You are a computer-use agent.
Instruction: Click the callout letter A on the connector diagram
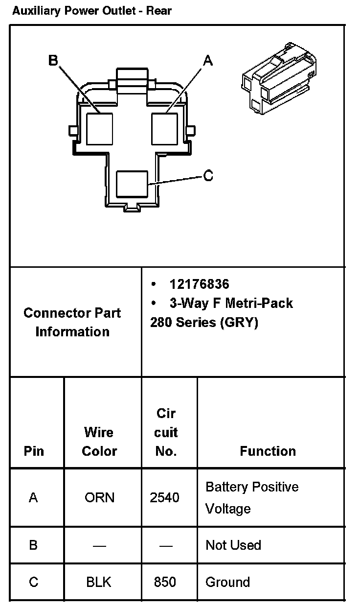[x=208, y=61]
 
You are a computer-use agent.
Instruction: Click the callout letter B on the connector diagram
[x=53, y=60]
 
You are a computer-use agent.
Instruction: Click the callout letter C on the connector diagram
[x=208, y=176]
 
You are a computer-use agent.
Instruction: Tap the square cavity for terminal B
[x=99, y=129]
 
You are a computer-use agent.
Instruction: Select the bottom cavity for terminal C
[x=132, y=185]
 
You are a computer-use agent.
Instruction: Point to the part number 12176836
[x=199, y=284]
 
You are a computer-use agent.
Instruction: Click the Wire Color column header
[x=99, y=442]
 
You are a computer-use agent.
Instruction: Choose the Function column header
[x=268, y=451]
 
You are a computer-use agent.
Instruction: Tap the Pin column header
[x=34, y=451]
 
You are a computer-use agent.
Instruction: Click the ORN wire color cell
[x=99, y=498]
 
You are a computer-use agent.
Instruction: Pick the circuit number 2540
[x=164, y=498]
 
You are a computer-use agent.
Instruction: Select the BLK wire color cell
[x=99, y=582]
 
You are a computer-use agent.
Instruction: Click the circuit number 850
[x=165, y=582]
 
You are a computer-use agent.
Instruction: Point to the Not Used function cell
[x=233, y=545]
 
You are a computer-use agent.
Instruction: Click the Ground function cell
[x=227, y=582]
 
